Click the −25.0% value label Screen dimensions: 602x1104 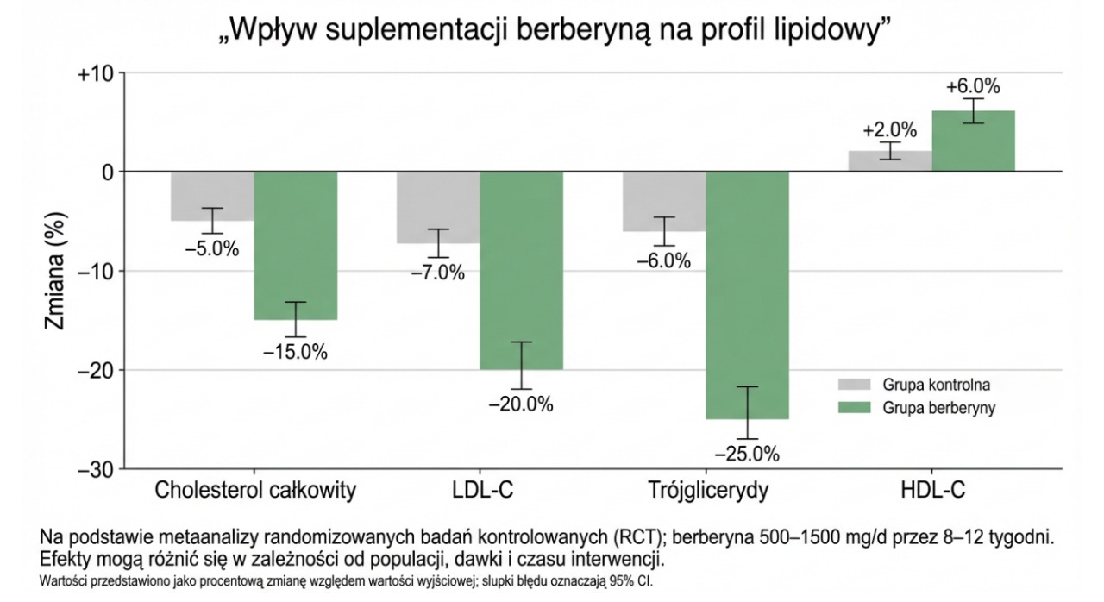click(x=747, y=453)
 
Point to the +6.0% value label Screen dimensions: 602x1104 click(x=973, y=87)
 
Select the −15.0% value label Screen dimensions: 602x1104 click(x=296, y=352)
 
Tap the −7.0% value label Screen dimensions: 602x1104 click(x=437, y=273)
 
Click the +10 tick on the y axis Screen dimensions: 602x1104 click(x=95, y=73)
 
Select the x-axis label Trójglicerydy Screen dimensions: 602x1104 click(x=707, y=492)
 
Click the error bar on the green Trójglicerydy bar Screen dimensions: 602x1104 click(x=747, y=412)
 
